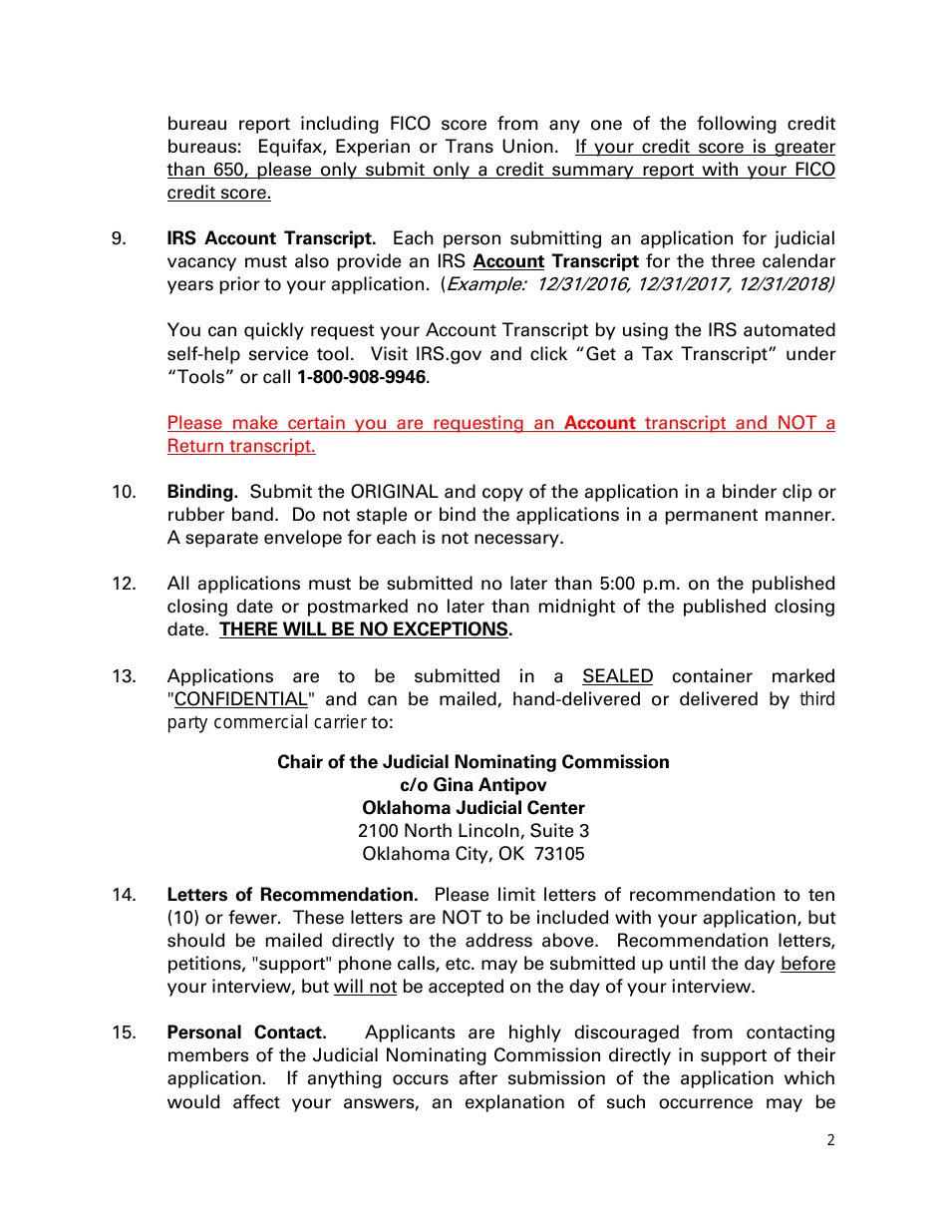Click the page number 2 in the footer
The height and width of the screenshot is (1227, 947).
tap(831, 1141)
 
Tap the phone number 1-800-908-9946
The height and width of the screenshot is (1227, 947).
tap(361, 377)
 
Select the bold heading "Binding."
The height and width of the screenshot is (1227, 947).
tap(202, 492)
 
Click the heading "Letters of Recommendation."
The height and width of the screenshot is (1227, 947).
tap(292, 895)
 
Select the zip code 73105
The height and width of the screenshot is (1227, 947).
tap(559, 854)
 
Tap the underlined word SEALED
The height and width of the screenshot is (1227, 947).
tap(617, 676)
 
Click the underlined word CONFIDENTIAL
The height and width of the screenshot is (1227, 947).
tap(240, 699)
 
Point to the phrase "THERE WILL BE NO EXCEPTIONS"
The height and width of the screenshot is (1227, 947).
tap(364, 629)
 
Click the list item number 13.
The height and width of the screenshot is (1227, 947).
tap(124, 676)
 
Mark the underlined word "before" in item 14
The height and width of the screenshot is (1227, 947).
tap(807, 964)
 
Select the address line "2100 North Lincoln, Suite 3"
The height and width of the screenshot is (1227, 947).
tap(473, 831)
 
